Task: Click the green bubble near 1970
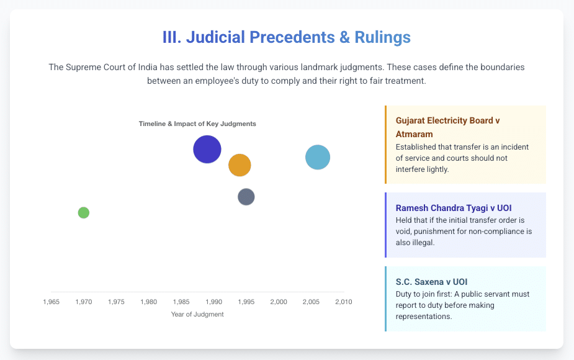pos(84,212)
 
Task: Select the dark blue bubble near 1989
pos(207,149)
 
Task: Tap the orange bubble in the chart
pos(240,165)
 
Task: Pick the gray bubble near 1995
pos(246,197)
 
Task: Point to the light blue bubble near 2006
pos(318,157)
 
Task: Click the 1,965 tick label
pos(52,302)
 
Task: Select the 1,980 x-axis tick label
pos(149,302)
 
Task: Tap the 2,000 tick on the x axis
pos(279,302)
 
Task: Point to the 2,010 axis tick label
pos(344,302)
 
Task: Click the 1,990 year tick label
pos(214,302)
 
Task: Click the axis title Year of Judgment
pos(197,314)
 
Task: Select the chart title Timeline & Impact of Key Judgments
pos(197,124)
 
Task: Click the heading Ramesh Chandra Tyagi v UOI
pos(454,208)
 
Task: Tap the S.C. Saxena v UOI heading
pos(432,282)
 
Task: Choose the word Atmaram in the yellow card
pos(414,134)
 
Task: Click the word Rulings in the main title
pos(382,37)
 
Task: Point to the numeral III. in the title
pos(172,37)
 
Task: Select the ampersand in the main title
pos(344,37)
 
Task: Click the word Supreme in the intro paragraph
pos(82,68)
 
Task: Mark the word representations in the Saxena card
pos(424,317)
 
